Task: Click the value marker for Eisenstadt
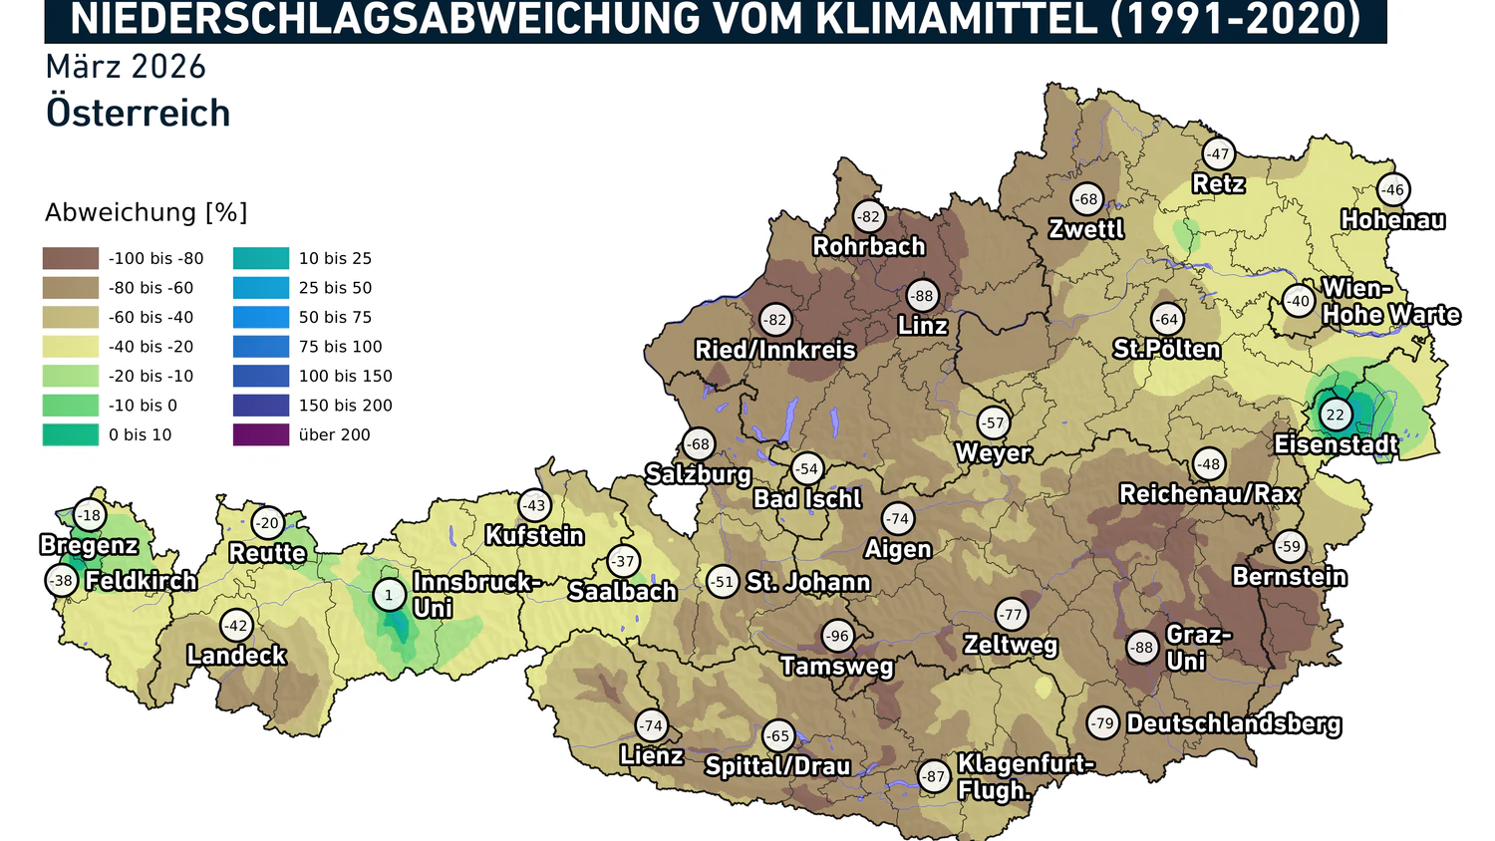click(1335, 415)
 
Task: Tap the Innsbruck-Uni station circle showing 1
click(389, 595)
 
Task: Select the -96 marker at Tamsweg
click(837, 636)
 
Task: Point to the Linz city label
click(923, 326)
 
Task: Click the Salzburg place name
click(698, 474)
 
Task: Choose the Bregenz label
click(89, 545)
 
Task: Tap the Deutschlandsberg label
click(1234, 723)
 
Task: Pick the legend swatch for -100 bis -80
click(71, 258)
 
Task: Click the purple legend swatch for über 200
click(261, 434)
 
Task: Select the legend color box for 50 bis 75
click(261, 317)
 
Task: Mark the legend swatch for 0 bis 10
click(71, 434)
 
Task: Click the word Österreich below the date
click(139, 113)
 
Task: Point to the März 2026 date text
click(126, 67)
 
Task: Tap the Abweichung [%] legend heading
click(147, 212)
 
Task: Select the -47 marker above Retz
click(1218, 153)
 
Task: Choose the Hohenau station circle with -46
click(1392, 189)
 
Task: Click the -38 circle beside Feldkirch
click(62, 580)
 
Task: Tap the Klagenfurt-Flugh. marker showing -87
click(933, 776)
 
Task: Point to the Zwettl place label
click(1086, 229)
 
